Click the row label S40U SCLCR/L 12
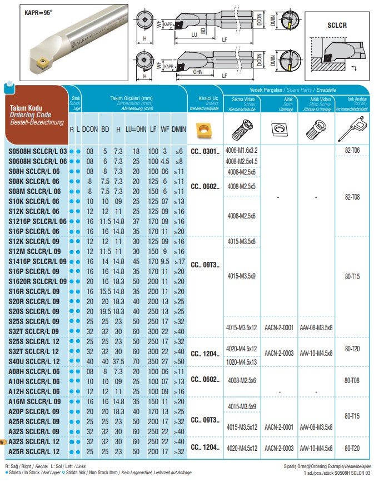(x=34, y=361)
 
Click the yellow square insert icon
(x=205, y=130)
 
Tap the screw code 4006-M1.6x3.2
(x=241, y=151)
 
